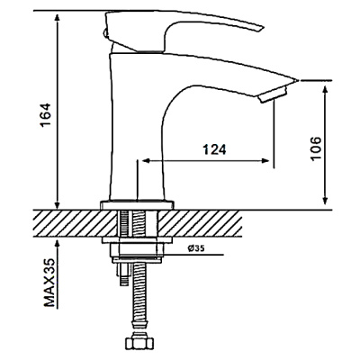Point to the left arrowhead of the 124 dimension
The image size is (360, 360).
pyautogui.click(x=140, y=162)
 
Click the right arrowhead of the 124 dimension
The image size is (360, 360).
pyautogui.click(x=266, y=162)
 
